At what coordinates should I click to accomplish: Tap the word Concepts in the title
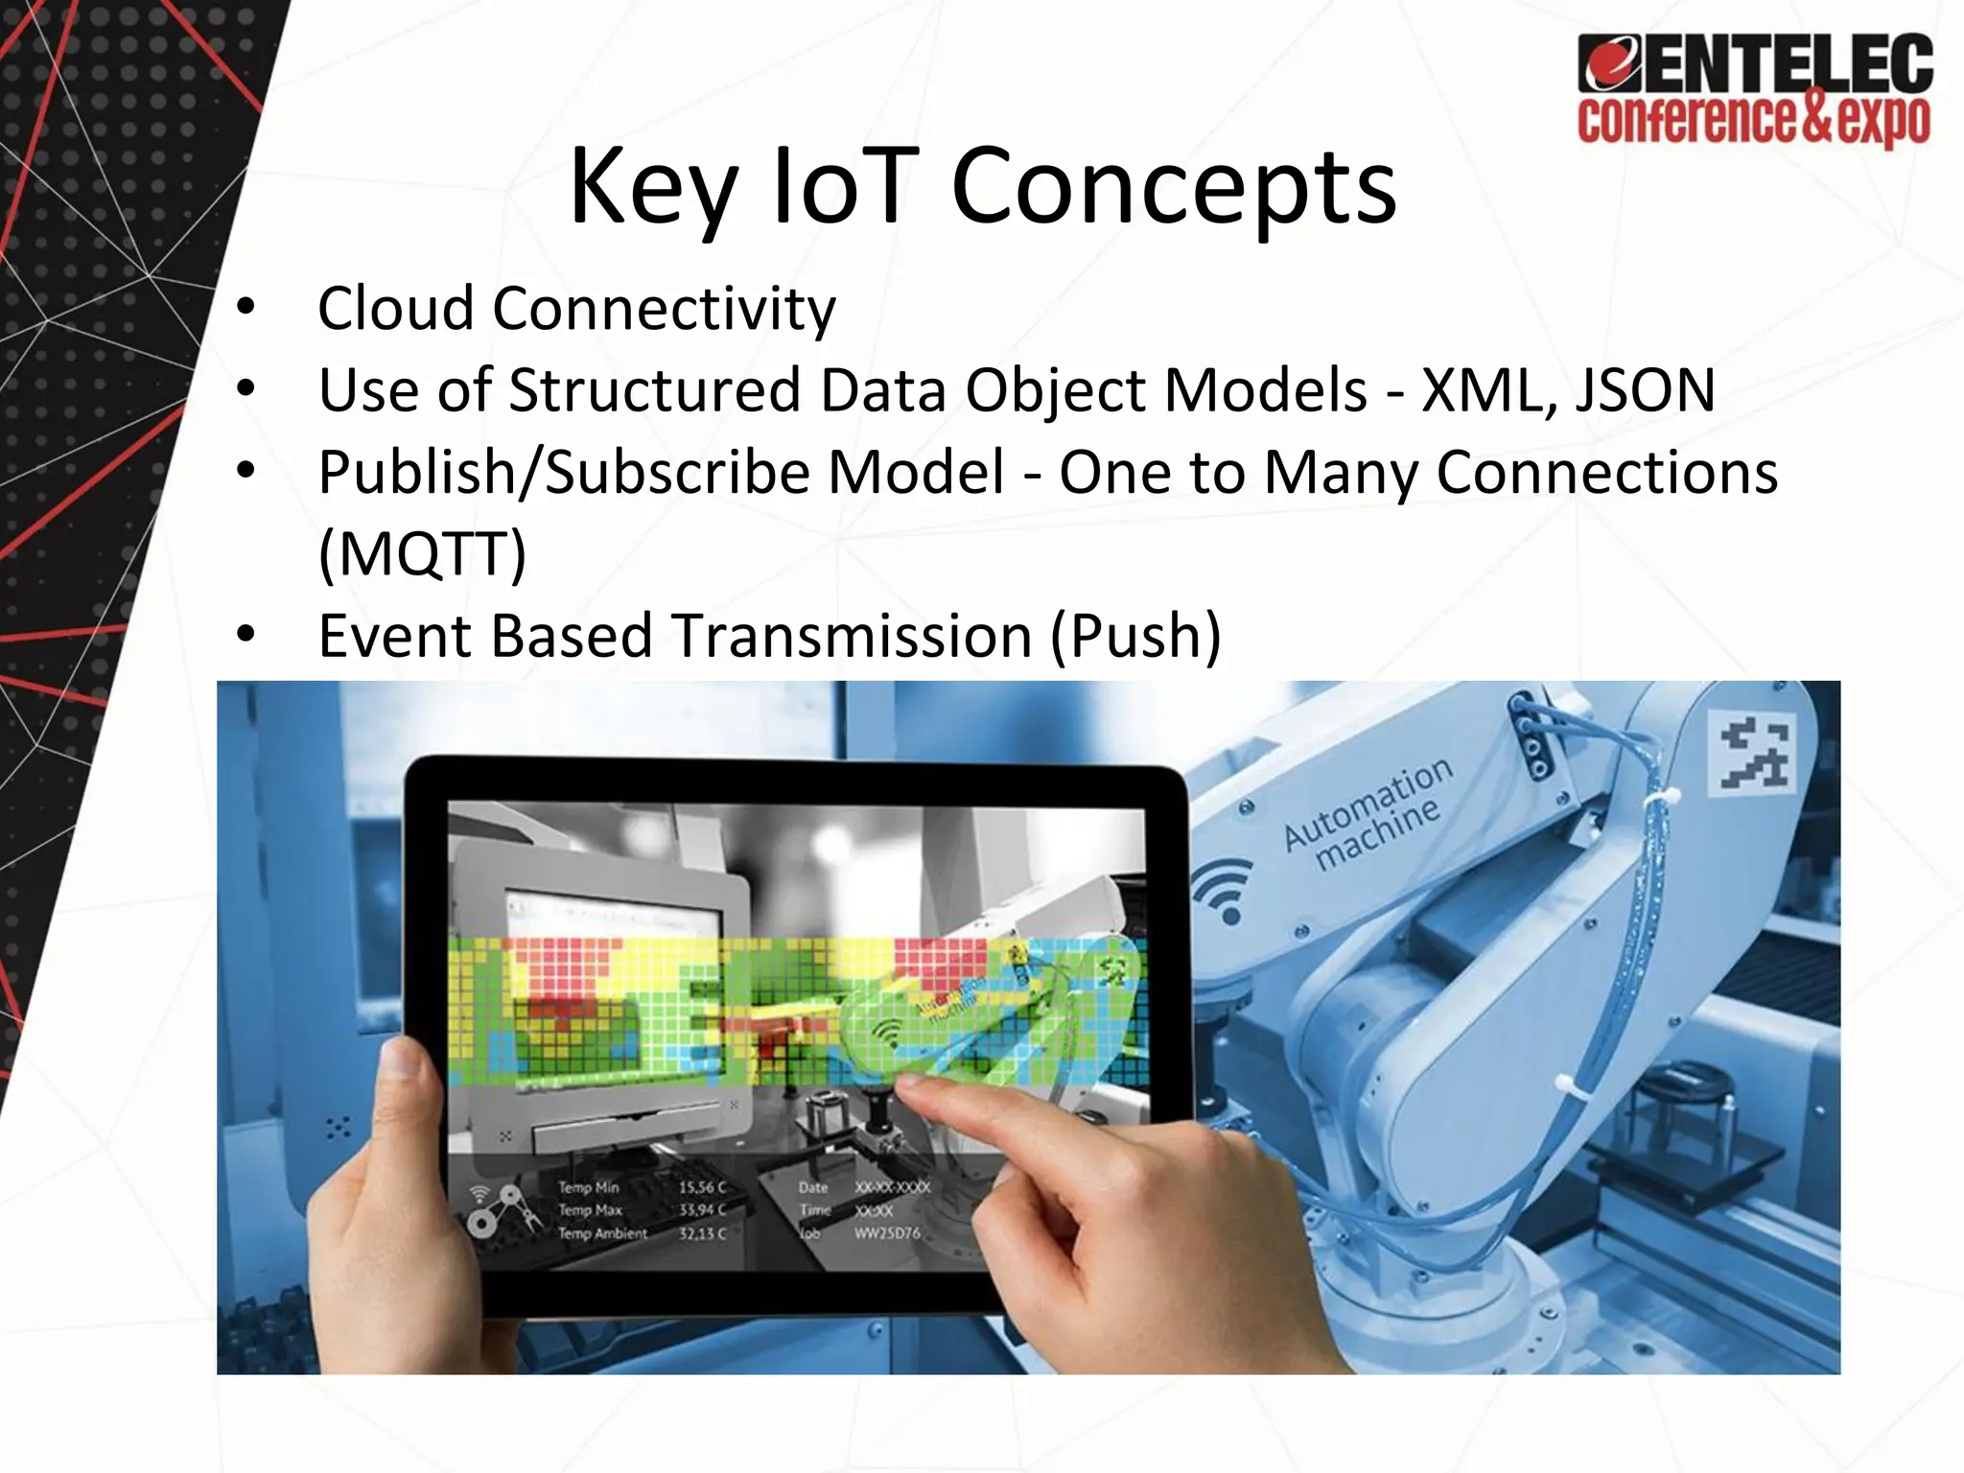tap(1174, 186)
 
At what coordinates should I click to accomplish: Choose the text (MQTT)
tap(422, 553)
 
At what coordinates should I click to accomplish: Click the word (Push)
tap(1135, 636)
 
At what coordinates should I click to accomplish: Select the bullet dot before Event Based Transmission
tap(246, 634)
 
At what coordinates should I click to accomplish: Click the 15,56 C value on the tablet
tap(702, 1188)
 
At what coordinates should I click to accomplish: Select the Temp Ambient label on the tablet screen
tap(602, 1233)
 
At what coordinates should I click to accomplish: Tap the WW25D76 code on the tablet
tap(887, 1233)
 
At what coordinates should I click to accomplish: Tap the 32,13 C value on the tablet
tap(702, 1233)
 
